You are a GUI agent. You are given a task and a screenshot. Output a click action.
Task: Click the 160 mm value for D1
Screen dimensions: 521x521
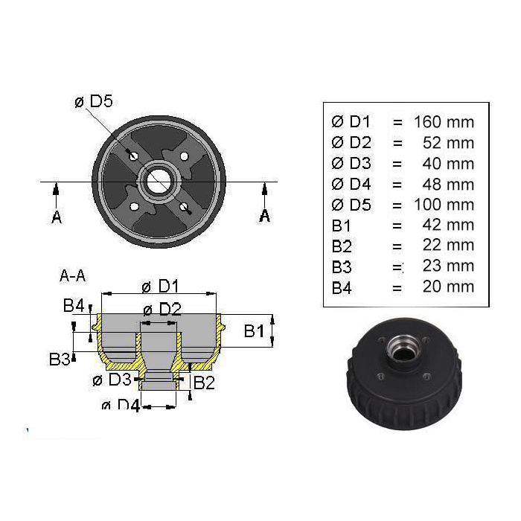pos(444,122)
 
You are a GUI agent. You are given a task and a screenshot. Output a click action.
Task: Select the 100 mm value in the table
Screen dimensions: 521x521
pos(444,205)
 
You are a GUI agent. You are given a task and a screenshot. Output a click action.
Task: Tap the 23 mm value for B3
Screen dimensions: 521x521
pos(448,266)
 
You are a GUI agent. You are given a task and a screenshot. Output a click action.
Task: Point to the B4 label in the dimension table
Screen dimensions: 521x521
pos(342,288)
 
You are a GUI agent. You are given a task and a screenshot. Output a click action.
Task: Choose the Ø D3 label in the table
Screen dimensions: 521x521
pos(351,164)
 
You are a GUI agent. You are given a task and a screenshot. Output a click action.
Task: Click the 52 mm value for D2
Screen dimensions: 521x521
pos(448,143)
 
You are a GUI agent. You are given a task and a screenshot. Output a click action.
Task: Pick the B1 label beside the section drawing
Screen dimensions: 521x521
pos(255,331)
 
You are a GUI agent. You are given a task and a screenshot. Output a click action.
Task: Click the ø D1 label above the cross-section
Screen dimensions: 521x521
pos(161,286)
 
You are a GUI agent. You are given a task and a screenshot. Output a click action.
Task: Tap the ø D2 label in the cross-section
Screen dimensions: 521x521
pos(162,310)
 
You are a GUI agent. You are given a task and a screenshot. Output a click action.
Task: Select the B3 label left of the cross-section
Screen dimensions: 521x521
pos(60,359)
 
